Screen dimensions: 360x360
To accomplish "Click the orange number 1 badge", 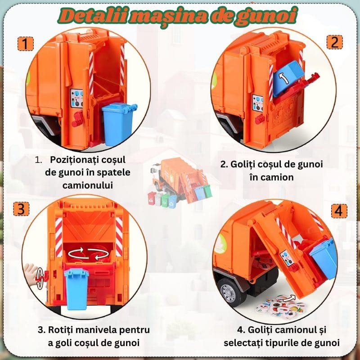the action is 26,44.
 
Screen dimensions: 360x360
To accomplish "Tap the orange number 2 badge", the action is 334,42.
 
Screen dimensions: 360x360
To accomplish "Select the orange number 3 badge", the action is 21,209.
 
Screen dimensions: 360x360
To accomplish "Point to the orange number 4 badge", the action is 339,211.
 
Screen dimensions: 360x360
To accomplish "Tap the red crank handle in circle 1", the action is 77,119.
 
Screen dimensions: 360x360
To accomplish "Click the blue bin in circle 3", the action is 76,289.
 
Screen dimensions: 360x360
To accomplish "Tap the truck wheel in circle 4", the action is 229,292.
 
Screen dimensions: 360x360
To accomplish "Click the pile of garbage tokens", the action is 281,306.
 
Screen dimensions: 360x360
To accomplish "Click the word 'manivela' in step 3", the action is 98,330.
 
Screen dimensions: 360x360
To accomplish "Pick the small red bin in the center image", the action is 152,198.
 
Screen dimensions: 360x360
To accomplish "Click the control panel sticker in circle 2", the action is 257,103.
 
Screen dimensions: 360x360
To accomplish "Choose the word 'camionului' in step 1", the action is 87,185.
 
